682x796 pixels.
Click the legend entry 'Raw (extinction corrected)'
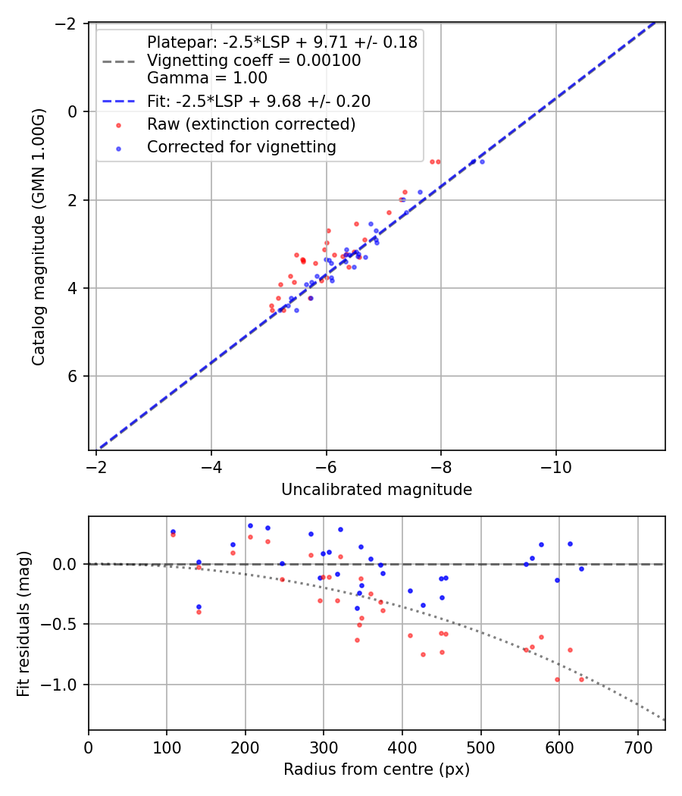pyautogui.click(x=251, y=124)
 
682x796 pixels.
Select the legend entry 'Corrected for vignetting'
pyautogui.click(x=242, y=146)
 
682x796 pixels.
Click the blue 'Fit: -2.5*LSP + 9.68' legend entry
pyautogui.click(x=258, y=101)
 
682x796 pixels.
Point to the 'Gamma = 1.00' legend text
pyautogui.click(x=207, y=77)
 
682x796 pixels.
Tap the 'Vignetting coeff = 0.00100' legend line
pyautogui.click(x=254, y=60)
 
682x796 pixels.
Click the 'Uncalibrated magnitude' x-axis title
pyautogui.click(x=377, y=490)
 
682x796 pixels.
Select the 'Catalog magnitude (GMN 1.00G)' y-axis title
pyautogui.click(x=39, y=237)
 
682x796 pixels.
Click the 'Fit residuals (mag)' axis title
pyautogui.click(x=23, y=623)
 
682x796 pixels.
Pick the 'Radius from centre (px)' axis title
pyautogui.click(x=377, y=769)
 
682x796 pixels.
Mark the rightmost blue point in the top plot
pyautogui.click(x=482, y=161)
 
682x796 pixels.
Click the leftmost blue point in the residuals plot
pyautogui.click(x=173, y=531)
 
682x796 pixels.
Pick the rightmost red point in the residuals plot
pyautogui.click(x=581, y=679)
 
